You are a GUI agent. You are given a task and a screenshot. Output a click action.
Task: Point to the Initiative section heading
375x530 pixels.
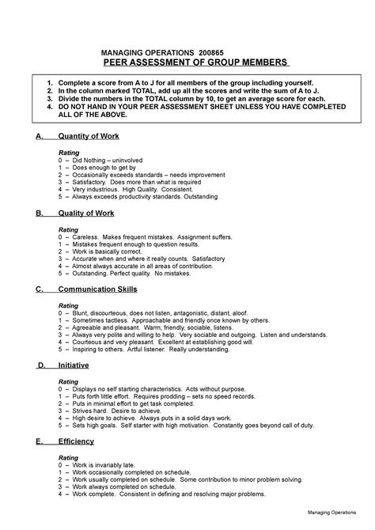coord(74,365)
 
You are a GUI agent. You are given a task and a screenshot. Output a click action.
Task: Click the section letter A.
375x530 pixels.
coord(40,136)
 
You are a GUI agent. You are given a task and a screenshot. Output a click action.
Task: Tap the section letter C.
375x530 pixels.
coord(40,290)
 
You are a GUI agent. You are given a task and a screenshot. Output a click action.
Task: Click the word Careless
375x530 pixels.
coord(85,237)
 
